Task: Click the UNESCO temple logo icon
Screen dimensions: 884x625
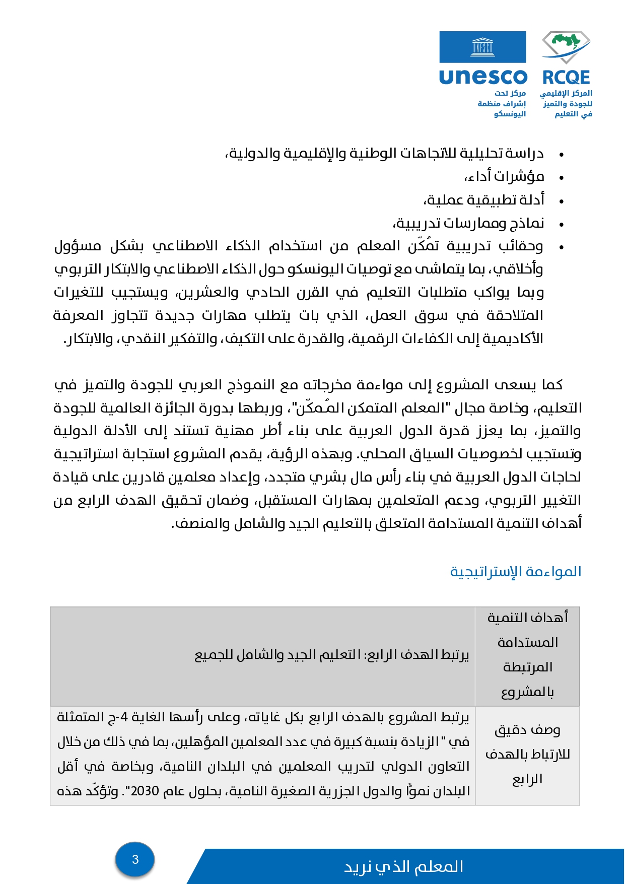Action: (x=482, y=48)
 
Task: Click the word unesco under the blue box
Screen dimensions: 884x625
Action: (x=483, y=77)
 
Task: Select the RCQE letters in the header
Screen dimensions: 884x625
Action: (x=566, y=77)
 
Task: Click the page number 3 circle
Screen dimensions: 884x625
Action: (x=135, y=859)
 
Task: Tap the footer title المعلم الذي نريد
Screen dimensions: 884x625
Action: (x=403, y=866)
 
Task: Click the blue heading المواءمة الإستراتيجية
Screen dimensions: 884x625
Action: (x=516, y=572)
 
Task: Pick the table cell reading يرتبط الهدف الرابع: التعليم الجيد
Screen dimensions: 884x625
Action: (x=332, y=654)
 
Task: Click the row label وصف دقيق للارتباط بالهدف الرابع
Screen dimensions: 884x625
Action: (x=527, y=754)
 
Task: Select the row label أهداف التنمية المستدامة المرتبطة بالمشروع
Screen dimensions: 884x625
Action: (x=527, y=654)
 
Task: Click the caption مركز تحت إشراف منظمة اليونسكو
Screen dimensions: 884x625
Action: (x=502, y=103)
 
